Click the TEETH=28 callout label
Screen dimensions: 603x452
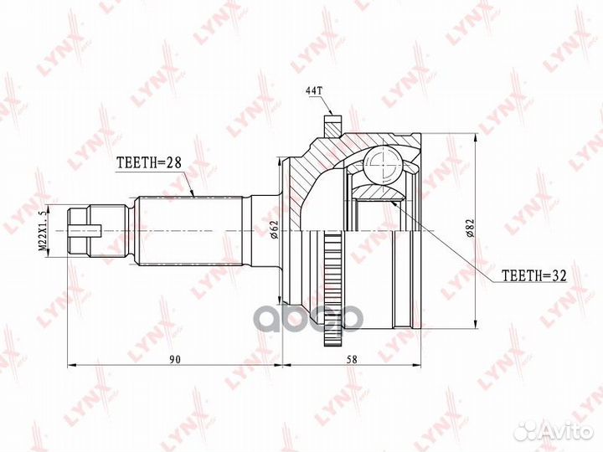148,163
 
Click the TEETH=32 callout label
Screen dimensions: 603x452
534,275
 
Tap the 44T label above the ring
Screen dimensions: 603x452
313,90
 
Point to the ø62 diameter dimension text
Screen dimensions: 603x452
274,229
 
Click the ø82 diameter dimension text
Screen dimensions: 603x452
470,229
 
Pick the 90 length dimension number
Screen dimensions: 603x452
174,359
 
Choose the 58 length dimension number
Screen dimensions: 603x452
352,359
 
